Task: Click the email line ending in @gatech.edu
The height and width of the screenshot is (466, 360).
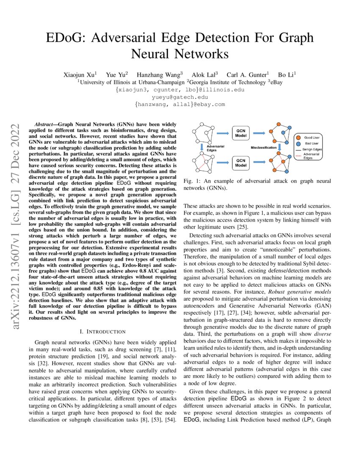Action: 180,97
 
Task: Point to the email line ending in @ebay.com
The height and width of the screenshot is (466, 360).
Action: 180,104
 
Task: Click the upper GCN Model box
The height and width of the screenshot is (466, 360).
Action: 241,133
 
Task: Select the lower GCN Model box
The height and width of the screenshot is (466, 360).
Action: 241,163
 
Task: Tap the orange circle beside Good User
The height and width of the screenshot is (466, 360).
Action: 299,138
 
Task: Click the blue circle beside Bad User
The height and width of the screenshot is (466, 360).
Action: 299,144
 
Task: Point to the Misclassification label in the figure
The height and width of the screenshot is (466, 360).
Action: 263,147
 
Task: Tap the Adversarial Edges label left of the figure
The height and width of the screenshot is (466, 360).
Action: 215,148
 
